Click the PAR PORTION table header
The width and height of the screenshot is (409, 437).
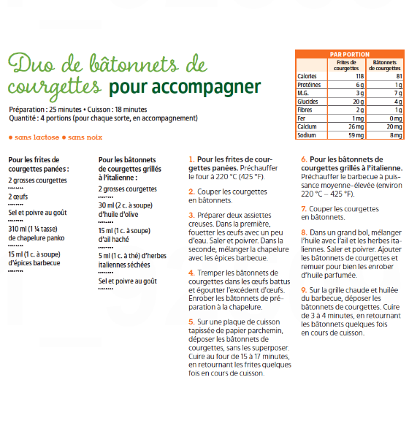[x=350, y=54]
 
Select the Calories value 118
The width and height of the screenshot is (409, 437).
[x=360, y=76]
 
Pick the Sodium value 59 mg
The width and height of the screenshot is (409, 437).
[x=356, y=135]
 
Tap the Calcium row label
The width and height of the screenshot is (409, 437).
[x=307, y=126]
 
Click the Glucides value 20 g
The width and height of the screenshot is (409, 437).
[x=359, y=102]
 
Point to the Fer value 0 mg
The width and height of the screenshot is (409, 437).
[x=396, y=118]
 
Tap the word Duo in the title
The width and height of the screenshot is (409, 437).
[x=31, y=63]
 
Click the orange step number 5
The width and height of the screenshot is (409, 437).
[x=191, y=322]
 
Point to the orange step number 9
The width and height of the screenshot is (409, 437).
[x=304, y=290]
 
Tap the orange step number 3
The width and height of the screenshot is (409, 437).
[x=191, y=215]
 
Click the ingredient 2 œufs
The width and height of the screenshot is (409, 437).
[x=18, y=197]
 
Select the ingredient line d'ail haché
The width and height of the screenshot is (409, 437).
[x=114, y=239]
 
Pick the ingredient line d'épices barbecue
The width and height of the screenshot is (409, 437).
[x=34, y=263]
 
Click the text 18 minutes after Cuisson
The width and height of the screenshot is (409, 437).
[x=131, y=110]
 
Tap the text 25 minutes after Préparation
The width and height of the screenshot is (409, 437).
[x=65, y=110]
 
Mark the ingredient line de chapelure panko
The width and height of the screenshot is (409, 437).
[x=37, y=238]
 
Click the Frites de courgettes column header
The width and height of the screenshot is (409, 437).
[x=346, y=65]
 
